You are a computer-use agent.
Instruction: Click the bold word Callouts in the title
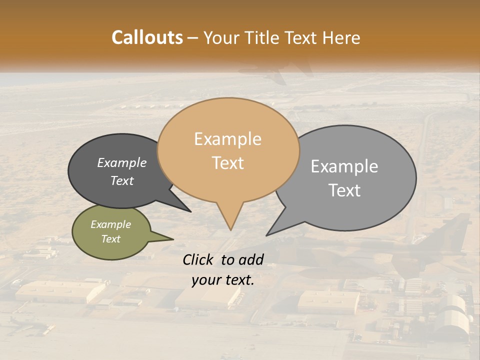tap(147, 37)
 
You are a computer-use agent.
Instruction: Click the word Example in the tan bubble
tap(227, 139)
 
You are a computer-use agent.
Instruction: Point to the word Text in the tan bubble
tap(228, 163)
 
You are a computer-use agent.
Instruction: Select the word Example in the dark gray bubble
tap(122, 162)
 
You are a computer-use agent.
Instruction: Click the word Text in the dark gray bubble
tap(122, 180)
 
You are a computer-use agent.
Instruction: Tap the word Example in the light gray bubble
tap(344, 166)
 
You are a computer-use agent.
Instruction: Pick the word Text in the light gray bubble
tap(345, 190)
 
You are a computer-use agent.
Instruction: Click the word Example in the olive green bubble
tap(111, 224)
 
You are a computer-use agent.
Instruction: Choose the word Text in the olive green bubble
tap(111, 239)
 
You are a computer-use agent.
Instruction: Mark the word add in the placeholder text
tap(251, 259)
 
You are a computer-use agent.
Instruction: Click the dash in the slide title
tap(193, 38)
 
